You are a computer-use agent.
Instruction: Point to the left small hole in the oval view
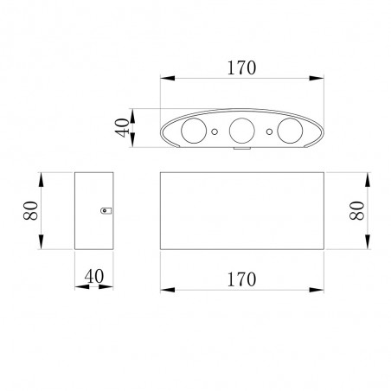[215, 132]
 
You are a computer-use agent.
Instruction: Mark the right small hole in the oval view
[270, 132]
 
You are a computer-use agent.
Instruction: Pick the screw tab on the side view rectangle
[106, 209]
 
